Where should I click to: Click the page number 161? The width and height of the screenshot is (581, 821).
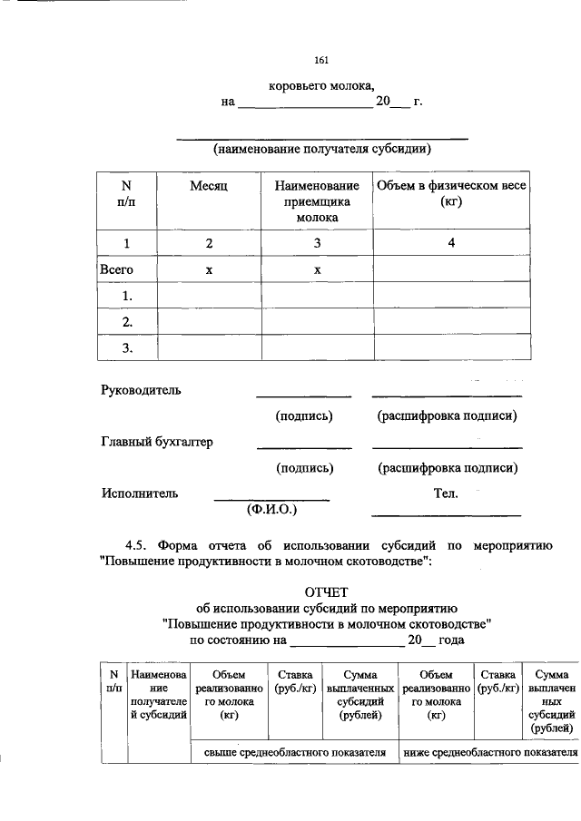pyautogui.click(x=321, y=61)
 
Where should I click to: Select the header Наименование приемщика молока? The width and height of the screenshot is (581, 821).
pyautogui.click(x=317, y=201)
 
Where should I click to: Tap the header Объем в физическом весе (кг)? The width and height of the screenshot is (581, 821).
pyautogui.click(x=451, y=193)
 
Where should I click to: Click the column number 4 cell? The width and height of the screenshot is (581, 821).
pyautogui.click(x=451, y=242)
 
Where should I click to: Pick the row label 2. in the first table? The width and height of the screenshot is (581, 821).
pyautogui.click(x=128, y=321)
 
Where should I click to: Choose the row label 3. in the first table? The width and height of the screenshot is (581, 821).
pyautogui.click(x=128, y=347)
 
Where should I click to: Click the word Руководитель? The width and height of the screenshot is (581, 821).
pyautogui.click(x=141, y=390)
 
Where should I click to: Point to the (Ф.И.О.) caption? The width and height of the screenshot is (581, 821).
pyautogui.click(x=272, y=510)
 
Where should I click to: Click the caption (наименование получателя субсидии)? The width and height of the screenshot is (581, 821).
pyautogui.click(x=321, y=149)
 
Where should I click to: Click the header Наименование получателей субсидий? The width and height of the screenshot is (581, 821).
pyautogui.click(x=159, y=695)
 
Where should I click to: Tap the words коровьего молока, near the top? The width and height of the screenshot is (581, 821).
pyautogui.click(x=321, y=86)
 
